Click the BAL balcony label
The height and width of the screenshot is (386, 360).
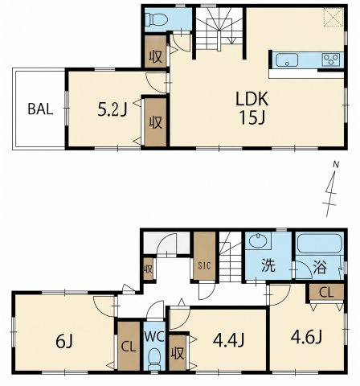[40, 109]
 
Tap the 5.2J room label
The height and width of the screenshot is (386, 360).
[112, 110]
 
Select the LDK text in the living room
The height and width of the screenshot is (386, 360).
[252, 99]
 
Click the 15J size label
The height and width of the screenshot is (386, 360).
[252, 117]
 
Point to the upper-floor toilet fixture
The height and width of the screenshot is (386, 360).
[157, 19]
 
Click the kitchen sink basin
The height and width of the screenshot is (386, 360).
[287, 60]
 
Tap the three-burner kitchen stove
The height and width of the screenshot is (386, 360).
[331, 60]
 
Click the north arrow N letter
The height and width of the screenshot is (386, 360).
[336, 165]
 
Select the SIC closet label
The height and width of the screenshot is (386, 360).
[204, 265]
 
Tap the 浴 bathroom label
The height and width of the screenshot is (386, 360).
[320, 267]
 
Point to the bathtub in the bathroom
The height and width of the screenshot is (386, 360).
[320, 244]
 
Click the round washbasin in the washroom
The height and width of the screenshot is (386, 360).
[258, 240]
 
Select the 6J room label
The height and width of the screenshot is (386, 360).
[64, 342]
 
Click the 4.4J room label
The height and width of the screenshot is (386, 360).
[228, 340]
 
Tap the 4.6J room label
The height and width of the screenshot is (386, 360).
[306, 337]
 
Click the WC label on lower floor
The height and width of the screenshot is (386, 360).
[154, 337]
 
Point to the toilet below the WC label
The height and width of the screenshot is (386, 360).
[154, 359]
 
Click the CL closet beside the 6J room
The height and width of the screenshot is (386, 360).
[129, 346]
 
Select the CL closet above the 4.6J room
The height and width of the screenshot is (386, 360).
[326, 292]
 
